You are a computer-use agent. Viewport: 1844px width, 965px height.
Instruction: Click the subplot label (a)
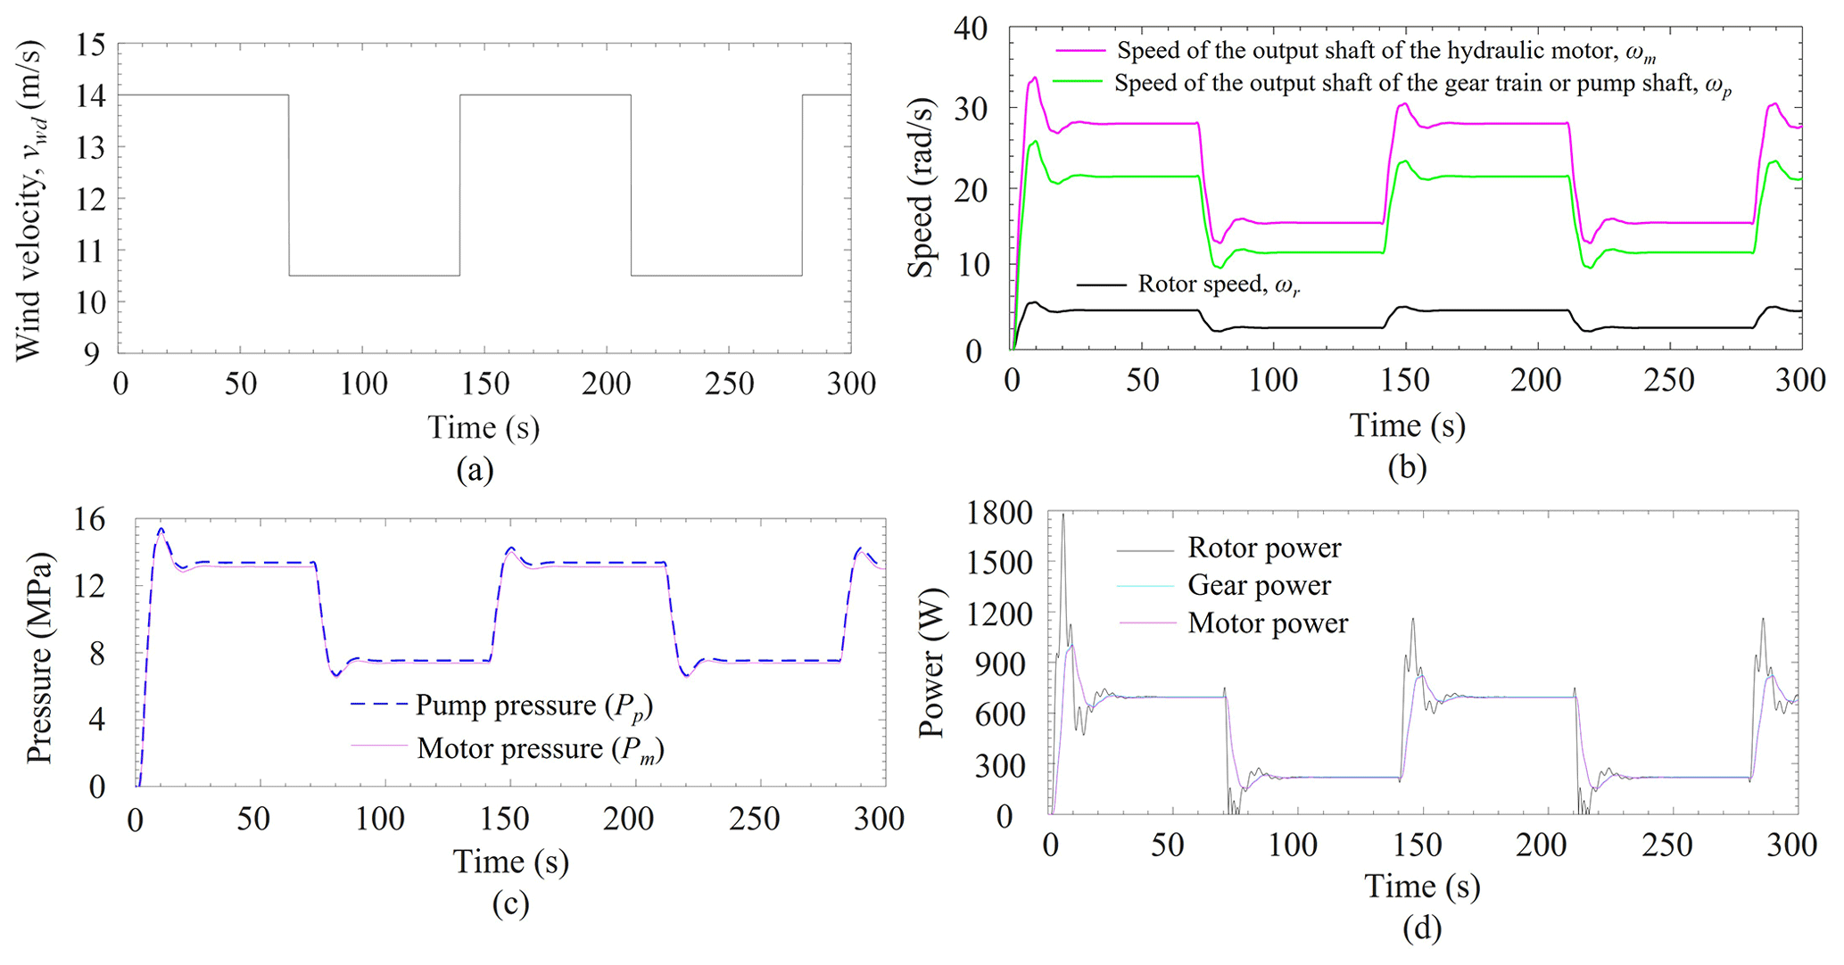click(474, 470)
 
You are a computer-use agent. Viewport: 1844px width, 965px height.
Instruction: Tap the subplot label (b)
click(1407, 467)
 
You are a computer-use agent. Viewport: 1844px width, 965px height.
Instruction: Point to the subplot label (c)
click(510, 904)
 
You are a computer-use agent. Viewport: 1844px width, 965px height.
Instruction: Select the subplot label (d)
click(1421, 929)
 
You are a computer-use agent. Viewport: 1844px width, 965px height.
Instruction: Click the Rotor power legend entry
click(1263, 548)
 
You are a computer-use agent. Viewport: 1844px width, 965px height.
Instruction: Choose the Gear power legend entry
click(1259, 585)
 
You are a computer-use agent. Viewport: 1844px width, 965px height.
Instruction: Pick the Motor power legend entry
click(1267, 623)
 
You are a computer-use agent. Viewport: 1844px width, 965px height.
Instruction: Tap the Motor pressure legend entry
click(541, 749)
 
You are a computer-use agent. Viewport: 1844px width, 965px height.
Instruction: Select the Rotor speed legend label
click(1218, 285)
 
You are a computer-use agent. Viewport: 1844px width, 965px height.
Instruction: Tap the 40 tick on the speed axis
click(970, 29)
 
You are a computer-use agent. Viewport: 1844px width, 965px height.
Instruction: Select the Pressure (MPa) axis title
click(39, 658)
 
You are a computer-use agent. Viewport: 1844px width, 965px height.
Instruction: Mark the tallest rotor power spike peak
click(1063, 515)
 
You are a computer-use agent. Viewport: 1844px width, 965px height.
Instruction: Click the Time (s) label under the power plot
click(1421, 887)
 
